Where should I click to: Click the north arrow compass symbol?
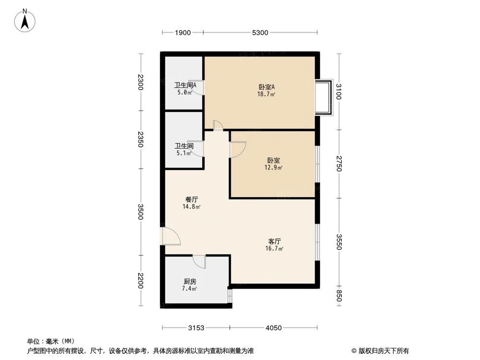click(25, 21)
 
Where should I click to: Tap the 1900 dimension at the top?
click(183, 33)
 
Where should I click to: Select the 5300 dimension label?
click(260, 33)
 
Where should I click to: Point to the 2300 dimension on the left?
click(140, 83)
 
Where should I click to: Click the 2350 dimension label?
click(140, 139)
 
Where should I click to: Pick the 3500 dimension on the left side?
click(140, 211)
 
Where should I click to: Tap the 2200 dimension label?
click(140, 280)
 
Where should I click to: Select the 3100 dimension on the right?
click(339, 91)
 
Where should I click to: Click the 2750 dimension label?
click(339, 164)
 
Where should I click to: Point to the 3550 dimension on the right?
click(339, 242)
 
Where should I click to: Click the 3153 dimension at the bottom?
click(196, 328)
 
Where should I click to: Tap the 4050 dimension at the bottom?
click(273, 328)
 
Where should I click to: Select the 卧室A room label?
click(266, 87)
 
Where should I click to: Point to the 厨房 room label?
click(190, 282)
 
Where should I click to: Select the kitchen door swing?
click(199, 262)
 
